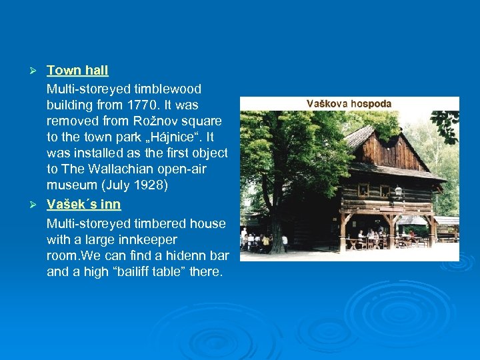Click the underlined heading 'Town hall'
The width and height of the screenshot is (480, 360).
(x=77, y=70)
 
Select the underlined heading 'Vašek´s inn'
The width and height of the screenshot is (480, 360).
(x=83, y=205)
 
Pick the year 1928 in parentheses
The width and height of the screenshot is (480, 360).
(x=147, y=185)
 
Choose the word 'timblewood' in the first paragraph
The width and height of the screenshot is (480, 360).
(x=166, y=89)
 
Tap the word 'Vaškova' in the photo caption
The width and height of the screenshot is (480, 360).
(x=326, y=104)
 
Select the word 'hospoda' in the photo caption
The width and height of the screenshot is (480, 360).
(x=370, y=104)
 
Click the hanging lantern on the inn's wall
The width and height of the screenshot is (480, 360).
(x=399, y=191)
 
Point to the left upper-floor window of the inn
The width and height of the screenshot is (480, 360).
(x=364, y=190)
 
